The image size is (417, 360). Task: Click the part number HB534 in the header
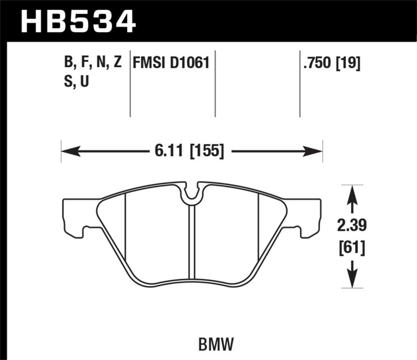[78, 22]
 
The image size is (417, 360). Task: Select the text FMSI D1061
[171, 64]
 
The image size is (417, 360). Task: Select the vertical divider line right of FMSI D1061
[215, 83]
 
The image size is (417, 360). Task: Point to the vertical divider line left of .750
[300, 83]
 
